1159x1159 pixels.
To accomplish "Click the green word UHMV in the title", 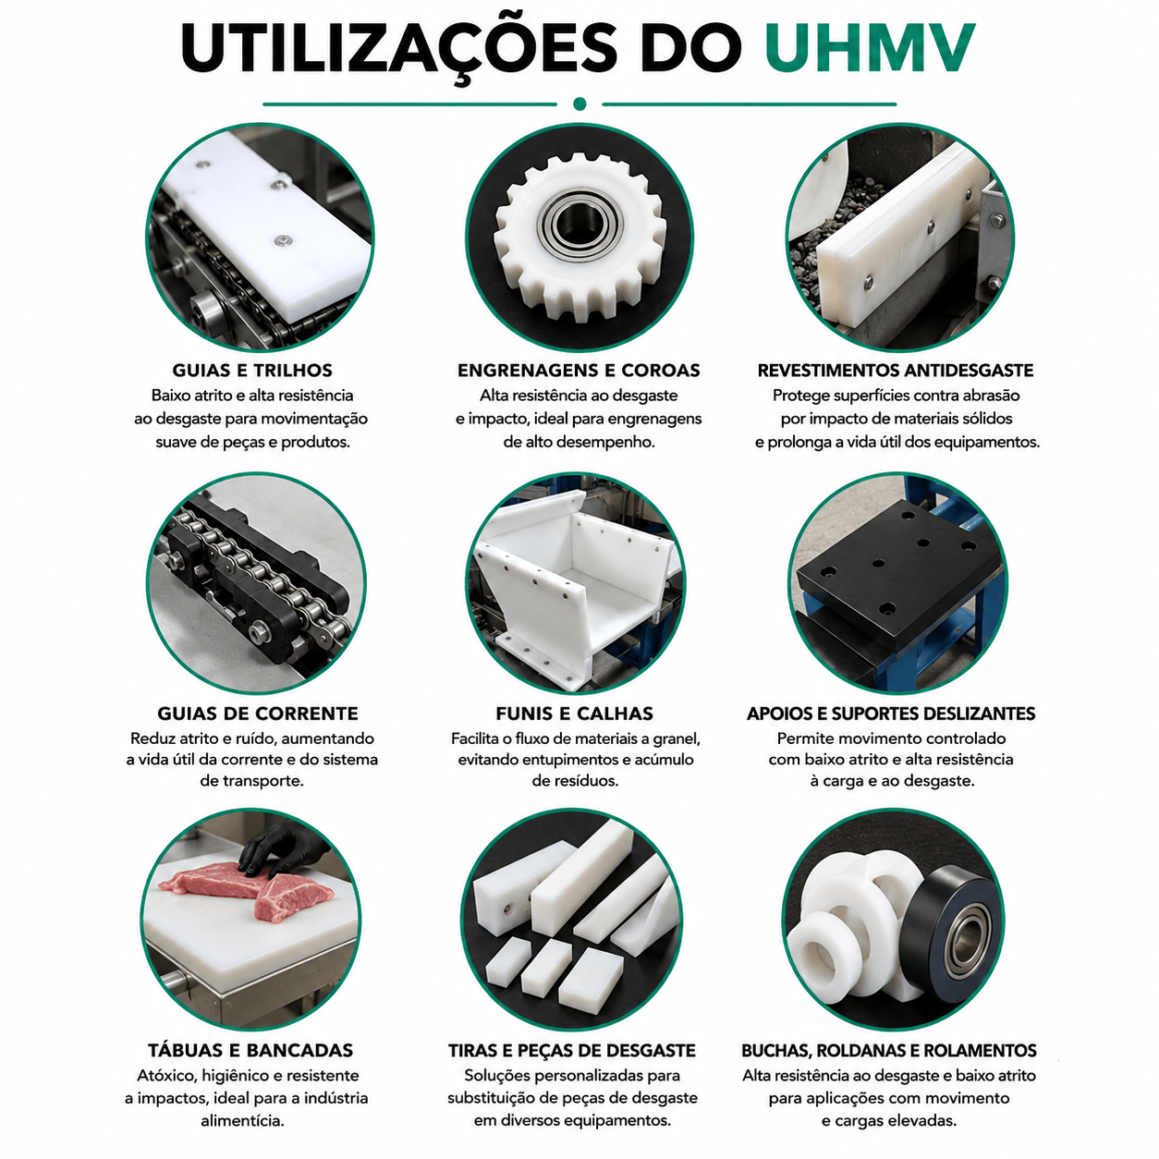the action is click(871, 47).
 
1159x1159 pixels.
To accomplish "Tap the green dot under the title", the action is click(579, 104).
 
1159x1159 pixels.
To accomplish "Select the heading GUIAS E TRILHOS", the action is click(252, 370).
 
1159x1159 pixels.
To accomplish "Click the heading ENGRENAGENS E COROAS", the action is click(579, 370).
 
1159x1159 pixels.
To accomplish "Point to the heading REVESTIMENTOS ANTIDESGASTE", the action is click(895, 370).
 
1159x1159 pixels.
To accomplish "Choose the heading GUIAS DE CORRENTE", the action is click(258, 714).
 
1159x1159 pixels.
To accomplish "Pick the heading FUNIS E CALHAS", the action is click(574, 714).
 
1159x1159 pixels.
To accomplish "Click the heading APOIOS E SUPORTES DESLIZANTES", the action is click(891, 714).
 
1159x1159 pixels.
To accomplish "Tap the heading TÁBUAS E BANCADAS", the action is click(250, 1050).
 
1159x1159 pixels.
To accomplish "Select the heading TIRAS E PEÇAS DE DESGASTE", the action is click(571, 1050).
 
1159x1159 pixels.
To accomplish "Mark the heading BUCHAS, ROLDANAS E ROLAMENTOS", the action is click(889, 1050).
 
